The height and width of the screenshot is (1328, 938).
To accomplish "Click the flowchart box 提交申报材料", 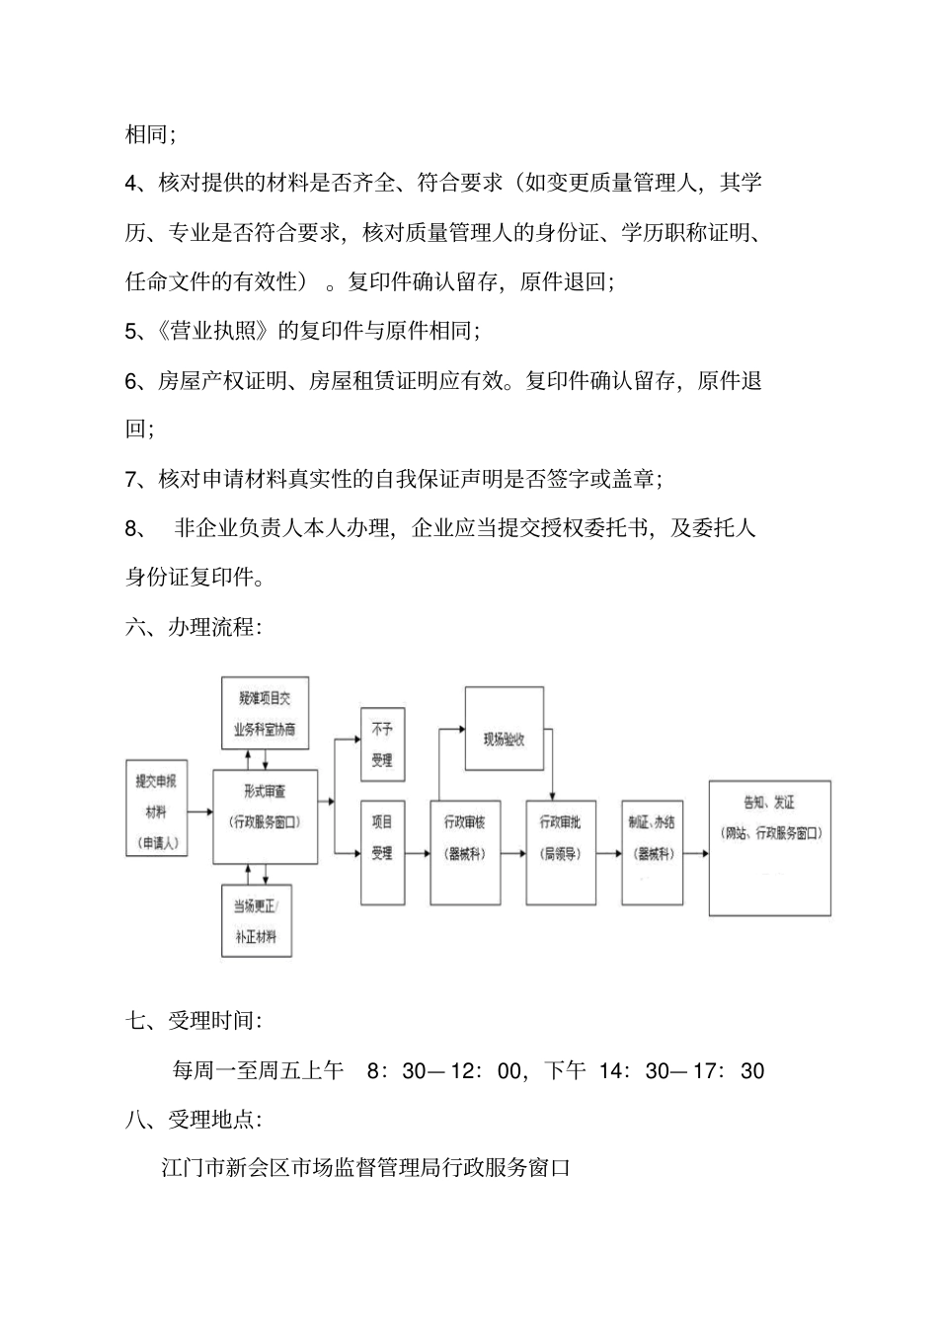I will coord(157,811).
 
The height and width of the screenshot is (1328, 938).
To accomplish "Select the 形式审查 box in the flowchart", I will coord(266,817).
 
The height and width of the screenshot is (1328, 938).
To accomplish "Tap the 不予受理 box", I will coord(382,743).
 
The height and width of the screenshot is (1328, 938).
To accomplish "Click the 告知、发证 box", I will coord(769,848).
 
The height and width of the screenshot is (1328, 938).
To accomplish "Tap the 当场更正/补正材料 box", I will coord(256,920).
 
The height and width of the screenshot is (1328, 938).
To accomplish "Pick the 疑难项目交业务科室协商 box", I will coord(265,713).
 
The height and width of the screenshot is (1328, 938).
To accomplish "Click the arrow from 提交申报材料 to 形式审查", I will coord(200,812).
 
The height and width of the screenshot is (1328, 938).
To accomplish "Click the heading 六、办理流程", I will coord(194,627).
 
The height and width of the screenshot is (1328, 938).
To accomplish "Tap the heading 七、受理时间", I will coord(194,1021).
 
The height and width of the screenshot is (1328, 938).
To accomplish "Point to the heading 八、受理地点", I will coord(194,1120).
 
